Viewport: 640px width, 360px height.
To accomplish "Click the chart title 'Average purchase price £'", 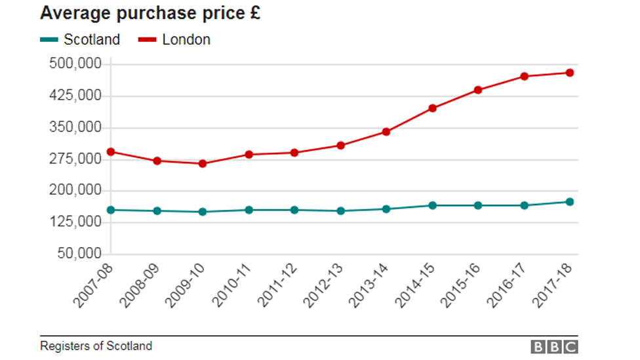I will (150, 13).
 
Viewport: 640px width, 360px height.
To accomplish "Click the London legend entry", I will (174, 39).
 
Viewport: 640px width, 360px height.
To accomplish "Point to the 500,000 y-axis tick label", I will (75, 64).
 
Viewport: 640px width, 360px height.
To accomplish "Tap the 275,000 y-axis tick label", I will (75, 159).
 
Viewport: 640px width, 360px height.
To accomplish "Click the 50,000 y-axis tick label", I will (79, 254).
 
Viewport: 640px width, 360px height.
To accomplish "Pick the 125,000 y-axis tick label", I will (75, 222).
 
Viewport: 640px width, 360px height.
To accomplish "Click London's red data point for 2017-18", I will (570, 73).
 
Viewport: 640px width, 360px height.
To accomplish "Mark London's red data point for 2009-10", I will (203, 163).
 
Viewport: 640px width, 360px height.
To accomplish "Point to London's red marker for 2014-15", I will (432, 108).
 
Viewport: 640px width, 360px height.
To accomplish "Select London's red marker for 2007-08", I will (111, 151).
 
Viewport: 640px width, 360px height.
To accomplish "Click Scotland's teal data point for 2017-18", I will (570, 202).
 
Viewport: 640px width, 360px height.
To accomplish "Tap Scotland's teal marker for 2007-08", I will (111, 210).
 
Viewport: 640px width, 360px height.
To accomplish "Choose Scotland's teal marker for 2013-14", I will (386, 209).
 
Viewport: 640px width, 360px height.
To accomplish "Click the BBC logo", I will (554, 347).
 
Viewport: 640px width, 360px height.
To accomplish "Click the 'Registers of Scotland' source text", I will (96, 346).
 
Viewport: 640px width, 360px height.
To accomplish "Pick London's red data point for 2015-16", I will (478, 90).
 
